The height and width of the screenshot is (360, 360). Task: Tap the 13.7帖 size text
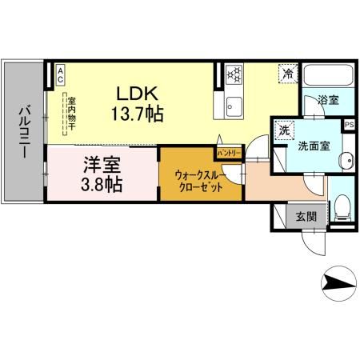136,114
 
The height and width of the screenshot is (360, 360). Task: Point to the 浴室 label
328,101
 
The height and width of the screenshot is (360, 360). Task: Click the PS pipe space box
349,125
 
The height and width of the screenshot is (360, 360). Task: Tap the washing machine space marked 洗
284,130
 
